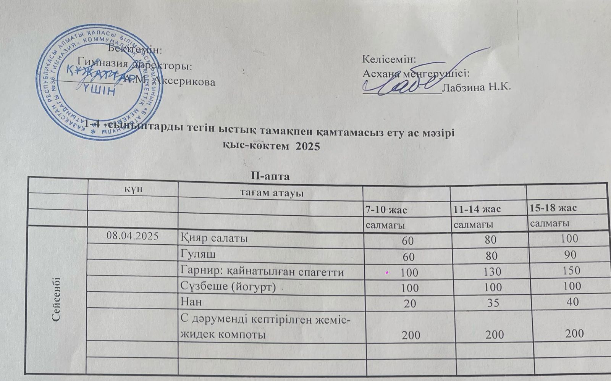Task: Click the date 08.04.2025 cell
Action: pos(133,236)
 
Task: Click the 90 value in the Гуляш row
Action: pos(572,255)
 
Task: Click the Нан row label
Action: pos(191,302)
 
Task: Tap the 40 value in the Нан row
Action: pos(572,302)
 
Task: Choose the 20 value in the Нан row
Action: pos(410,304)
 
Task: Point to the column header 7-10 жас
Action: pos(386,210)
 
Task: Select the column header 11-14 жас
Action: pos(477,209)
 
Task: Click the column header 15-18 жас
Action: pos(553,208)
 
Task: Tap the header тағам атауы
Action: pos(271,193)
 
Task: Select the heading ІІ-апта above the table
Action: pos(270,176)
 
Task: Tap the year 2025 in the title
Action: pos(307,146)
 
